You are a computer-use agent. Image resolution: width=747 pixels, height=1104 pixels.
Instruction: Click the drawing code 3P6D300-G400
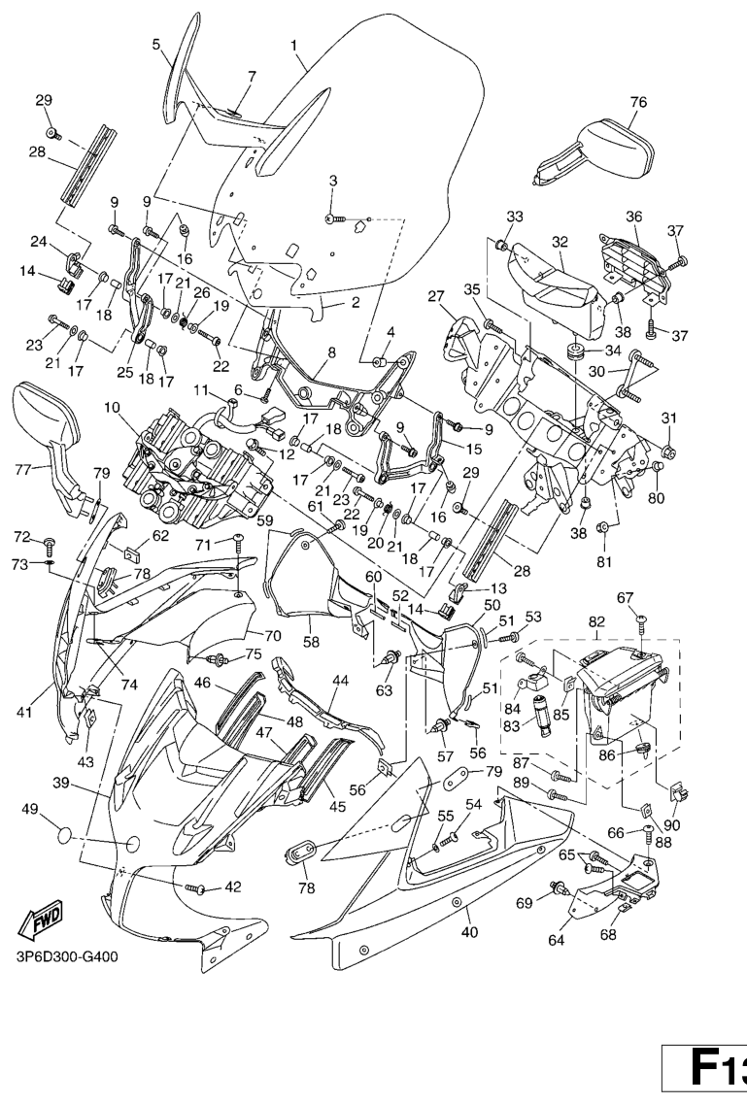pos(67,956)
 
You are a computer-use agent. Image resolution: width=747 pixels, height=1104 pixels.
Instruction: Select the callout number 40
pos(469,933)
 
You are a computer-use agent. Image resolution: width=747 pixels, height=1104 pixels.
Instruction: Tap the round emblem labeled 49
pos(59,835)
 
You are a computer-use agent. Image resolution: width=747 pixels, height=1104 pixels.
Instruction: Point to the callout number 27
pos(434,295)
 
